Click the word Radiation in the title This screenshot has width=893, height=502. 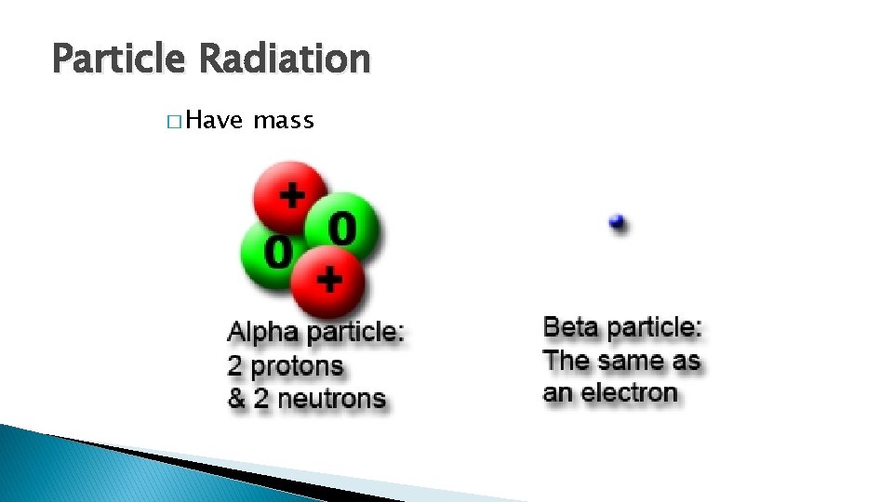(x=284, y=59)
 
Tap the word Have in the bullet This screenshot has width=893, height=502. (x=214, y=121)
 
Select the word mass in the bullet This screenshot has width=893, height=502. (x=284, y=121)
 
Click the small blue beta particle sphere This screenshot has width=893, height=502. (x=616, y=221)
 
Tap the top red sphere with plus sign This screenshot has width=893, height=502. (x=290, y=196)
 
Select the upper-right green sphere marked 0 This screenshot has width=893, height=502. (x=343, y=228)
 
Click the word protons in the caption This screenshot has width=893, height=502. (x=297, y=366)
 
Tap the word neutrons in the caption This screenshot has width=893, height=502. (x=331, y=399)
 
